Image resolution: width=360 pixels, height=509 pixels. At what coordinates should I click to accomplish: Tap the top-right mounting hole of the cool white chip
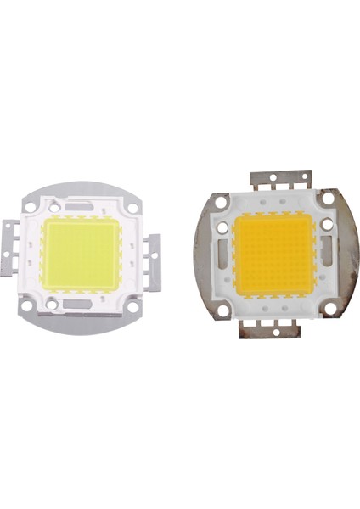click(133, 208)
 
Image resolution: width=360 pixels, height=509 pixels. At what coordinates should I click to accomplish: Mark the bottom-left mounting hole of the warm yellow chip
click(223, 310)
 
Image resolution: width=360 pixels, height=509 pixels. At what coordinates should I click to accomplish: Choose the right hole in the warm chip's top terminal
click(295, 182)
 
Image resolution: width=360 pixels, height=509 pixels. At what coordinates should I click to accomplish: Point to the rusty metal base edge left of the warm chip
click(202, 255)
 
